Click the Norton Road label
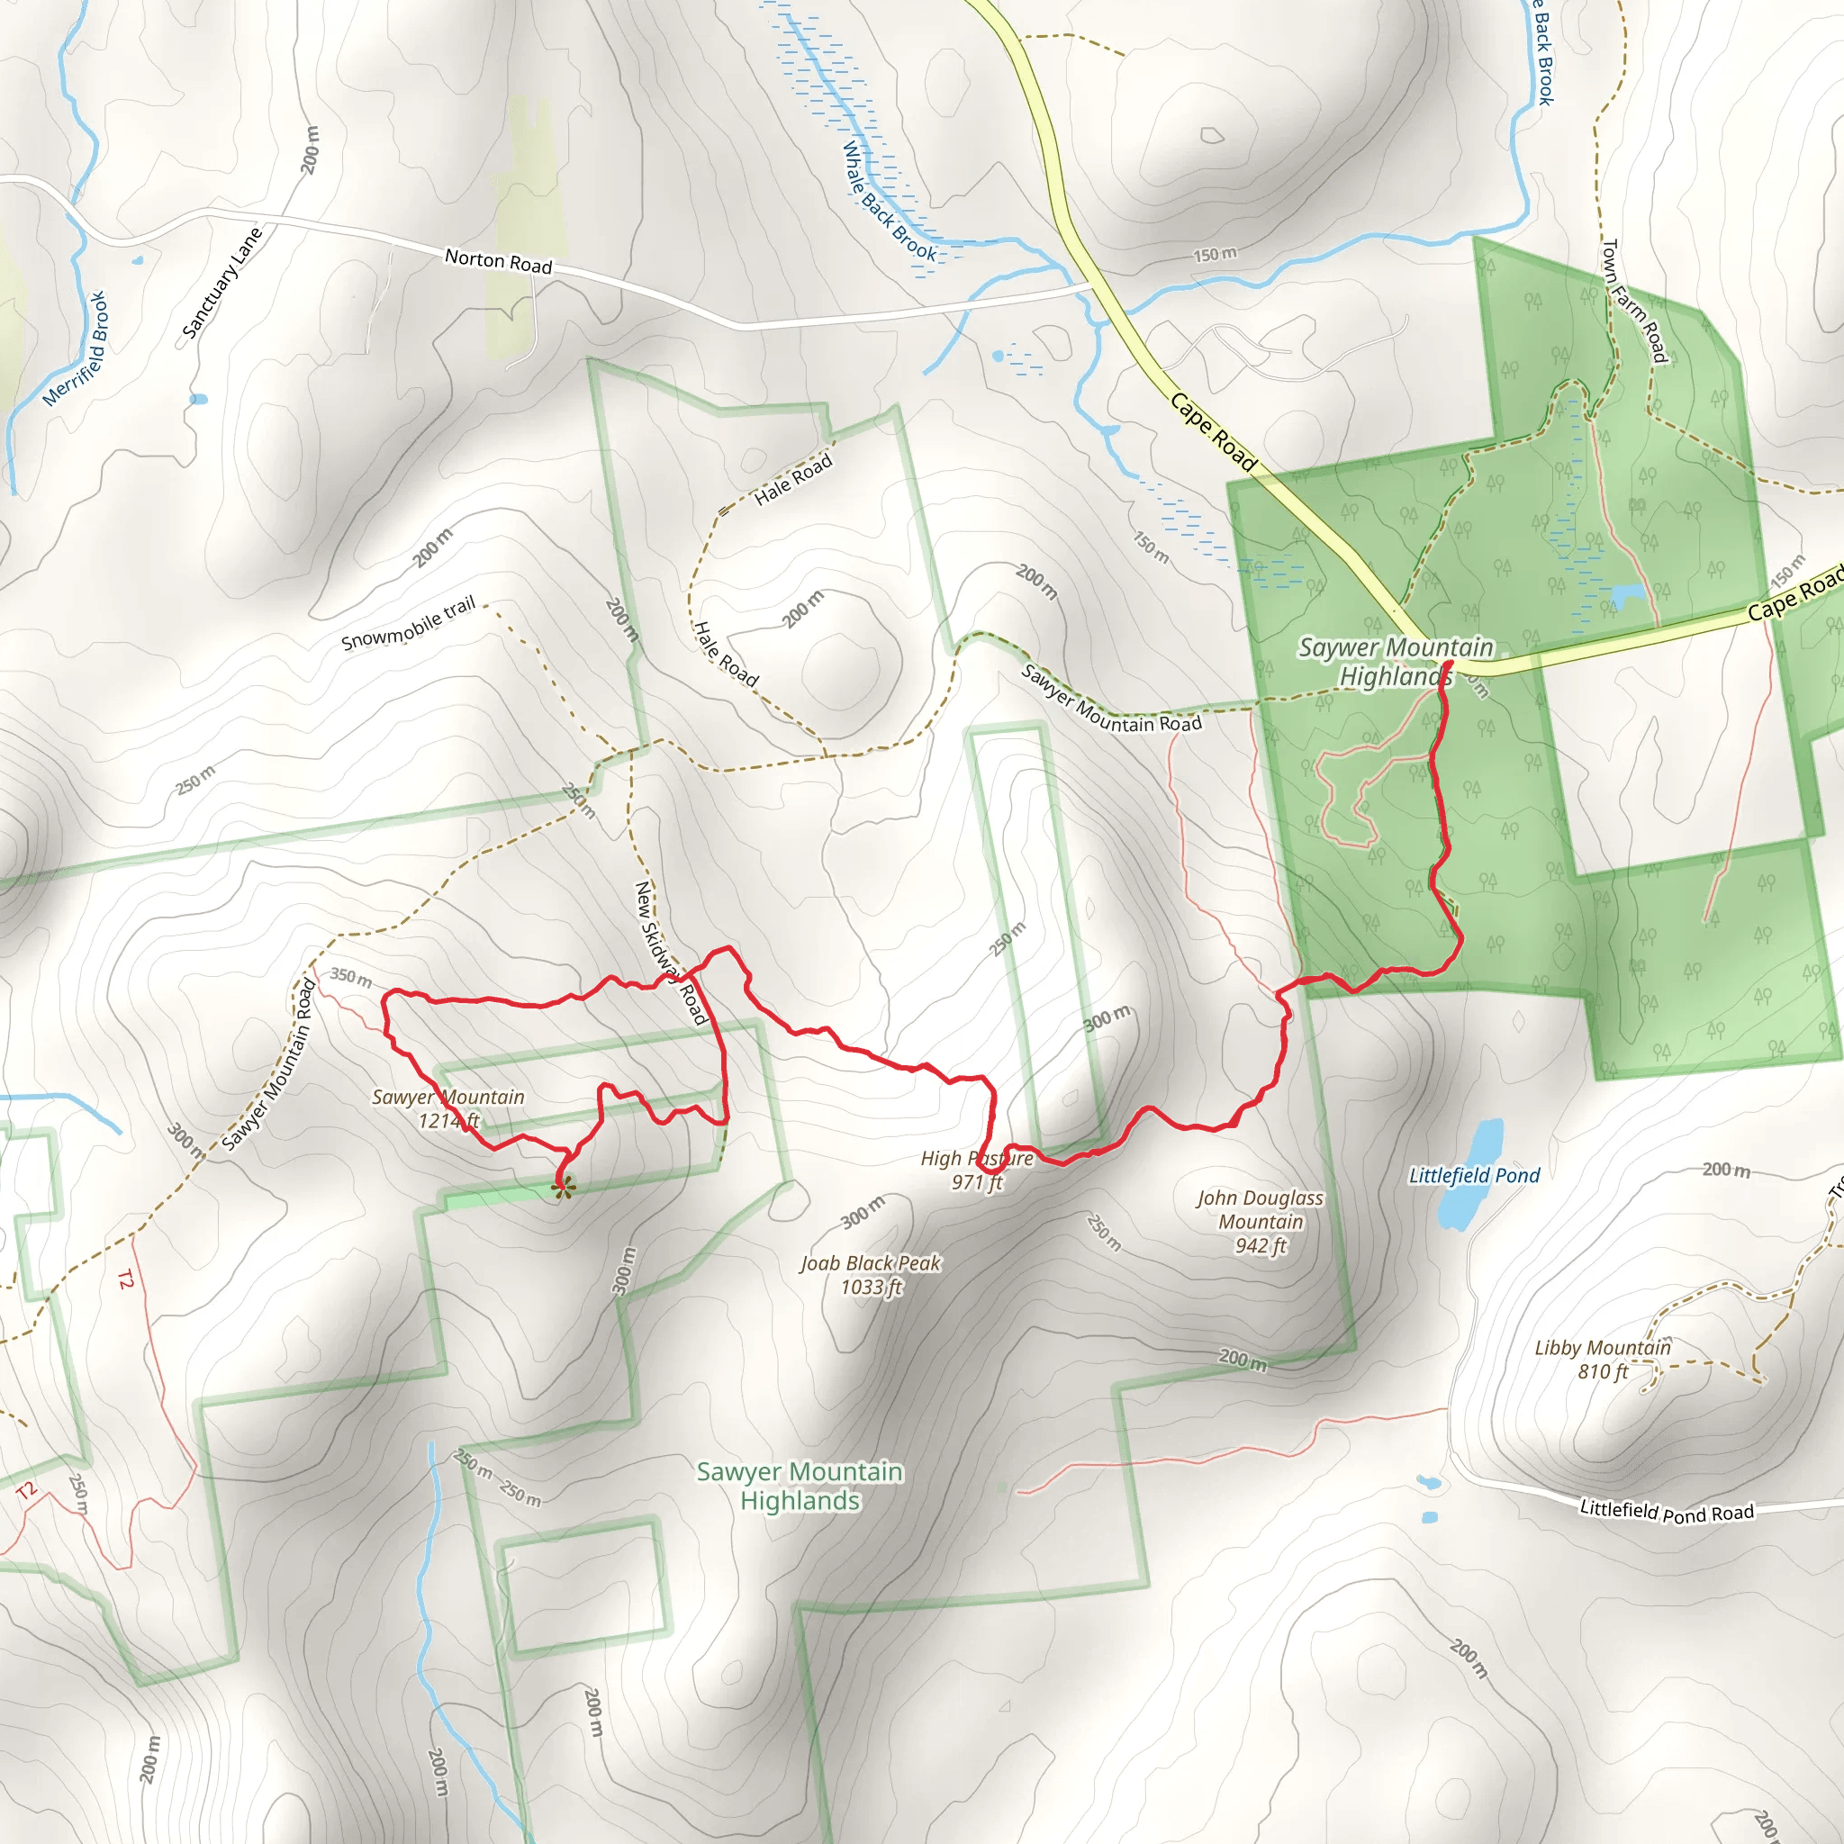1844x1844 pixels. tap(498, 260)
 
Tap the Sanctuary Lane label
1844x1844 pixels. tap(221, 284)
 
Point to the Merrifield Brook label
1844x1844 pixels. tap(77, 348)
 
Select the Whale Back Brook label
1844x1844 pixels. tap(890, 202)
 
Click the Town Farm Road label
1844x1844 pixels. tap(1634, 301)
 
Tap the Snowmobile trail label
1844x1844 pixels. tap(409, 624)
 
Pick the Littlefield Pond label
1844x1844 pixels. tap(1474, 1176)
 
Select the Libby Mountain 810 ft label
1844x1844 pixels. tap(1603, 1359)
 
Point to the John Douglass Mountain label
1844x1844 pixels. tap(1261, 1222)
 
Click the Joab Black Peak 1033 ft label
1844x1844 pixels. tap(871, 1275)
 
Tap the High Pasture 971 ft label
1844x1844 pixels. tap(976, 1171)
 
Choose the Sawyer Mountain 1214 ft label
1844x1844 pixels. tap(448, 1109)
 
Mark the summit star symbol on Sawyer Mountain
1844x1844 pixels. tap(564, 1188)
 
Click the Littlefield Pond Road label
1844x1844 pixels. tap(1667, 1512)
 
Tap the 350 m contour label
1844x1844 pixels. tap(351, 977)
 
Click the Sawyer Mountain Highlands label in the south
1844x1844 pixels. tap(800, 1486)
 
